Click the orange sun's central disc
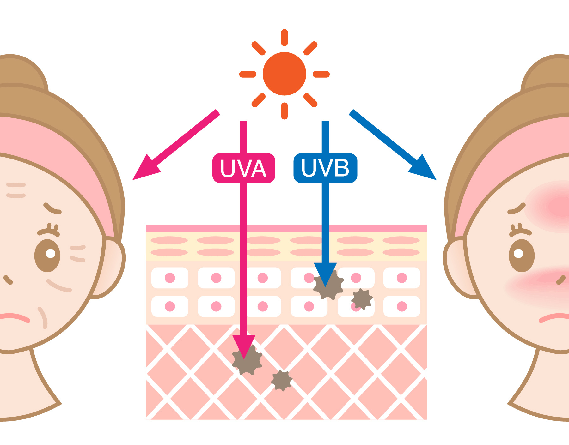point(284,74)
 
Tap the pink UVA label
point(243,168)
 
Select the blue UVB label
point(325,168)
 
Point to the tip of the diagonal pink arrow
point(134,179)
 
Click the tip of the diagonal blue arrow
point(435,179)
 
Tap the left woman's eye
point(47,255)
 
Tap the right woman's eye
point(522,255)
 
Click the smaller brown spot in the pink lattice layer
point(282,380)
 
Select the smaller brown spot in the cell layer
point(362,299)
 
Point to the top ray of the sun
point(284,37)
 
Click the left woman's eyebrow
point(52,208)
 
